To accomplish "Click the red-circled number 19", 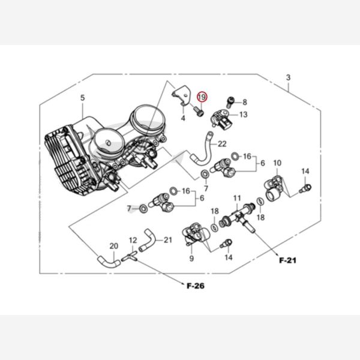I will [x=202, y=97].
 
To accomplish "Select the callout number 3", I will [x=288, y=78].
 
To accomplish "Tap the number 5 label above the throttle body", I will [x=83, y=98].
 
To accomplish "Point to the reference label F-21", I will [x=288, y=261].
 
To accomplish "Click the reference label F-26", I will [x=196, y=286].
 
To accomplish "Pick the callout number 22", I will [x=222, y=143].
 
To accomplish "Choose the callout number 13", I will [x=243, y=114].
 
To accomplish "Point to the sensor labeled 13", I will [x=221, y=119].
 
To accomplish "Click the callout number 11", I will [x=236, y=198].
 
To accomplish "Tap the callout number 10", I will [x=277, y=163].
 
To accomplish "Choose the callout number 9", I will [x=191, y=259].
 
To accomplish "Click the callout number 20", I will [x=113, y=245].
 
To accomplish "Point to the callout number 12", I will [x=133, y=240].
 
